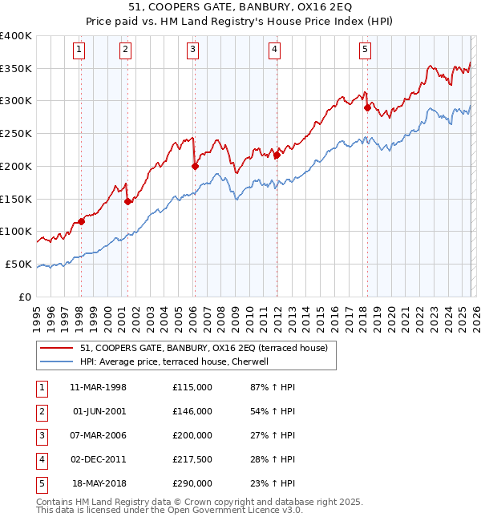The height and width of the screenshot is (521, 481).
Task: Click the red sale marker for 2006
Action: pos(195,167)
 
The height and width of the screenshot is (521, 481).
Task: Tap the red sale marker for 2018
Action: pos(367,107)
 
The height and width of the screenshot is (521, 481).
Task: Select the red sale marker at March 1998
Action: pos(81,222)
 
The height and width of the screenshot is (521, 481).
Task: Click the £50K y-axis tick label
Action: pos(19,264)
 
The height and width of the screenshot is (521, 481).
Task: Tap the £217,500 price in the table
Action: pos(192,459)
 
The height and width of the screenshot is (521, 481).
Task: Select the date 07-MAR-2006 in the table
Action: pos(99,435)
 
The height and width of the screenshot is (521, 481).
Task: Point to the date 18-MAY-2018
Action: pos(99,483)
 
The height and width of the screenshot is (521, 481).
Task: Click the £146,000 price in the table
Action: pos(192,411)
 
